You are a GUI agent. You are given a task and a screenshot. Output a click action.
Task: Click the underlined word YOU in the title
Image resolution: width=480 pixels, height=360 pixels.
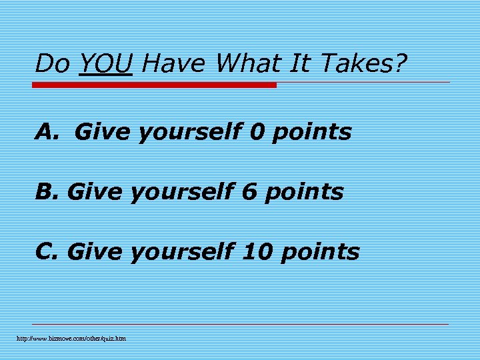point(105,64)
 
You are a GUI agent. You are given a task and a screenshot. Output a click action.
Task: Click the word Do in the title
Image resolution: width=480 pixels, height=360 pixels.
point(52,64)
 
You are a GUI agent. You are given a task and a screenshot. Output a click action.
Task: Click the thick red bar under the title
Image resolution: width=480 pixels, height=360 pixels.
point(154,85)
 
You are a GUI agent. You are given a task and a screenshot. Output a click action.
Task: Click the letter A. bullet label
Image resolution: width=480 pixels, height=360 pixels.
point(48,132)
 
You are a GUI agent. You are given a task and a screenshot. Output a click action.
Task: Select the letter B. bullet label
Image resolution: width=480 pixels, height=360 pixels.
point(48,192)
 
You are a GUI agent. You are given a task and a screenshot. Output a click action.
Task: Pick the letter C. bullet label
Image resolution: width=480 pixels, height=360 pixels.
point(48,252)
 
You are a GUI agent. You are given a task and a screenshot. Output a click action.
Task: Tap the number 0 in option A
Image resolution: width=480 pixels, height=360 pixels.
point(257,132)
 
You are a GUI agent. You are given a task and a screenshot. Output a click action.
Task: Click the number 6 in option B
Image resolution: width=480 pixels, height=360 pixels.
point(249,192)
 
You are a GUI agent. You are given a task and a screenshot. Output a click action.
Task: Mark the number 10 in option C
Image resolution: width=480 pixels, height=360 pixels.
point(257,252)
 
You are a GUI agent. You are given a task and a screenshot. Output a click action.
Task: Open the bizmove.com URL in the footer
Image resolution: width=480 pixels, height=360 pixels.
point(71,339)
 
